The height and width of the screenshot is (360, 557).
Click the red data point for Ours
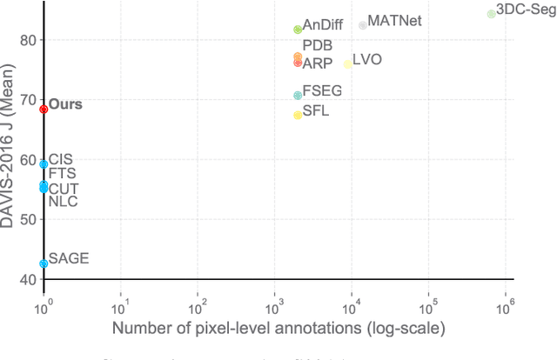(44, 109)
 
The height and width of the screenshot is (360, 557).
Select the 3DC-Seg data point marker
(492, 14)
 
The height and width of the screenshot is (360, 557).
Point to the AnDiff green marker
(298, 30)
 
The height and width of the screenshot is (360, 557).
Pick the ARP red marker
(298, 63)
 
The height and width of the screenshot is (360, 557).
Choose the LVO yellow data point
(348, 64)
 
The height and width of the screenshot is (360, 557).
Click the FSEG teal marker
(298, 96)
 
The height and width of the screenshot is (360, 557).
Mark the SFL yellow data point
(298, 115)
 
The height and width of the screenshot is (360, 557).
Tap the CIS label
(61, 159)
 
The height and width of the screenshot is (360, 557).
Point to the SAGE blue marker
(44, 263)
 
